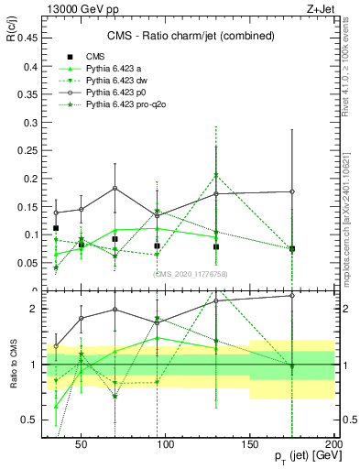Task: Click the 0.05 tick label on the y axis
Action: click(x=27, y=264)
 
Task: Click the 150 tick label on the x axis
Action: click(x=250, y=443)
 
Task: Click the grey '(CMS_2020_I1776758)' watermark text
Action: click(x=191, y=272)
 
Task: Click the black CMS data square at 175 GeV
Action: click(x=292, y=249)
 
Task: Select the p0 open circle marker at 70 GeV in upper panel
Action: click(x=115, y=189)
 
